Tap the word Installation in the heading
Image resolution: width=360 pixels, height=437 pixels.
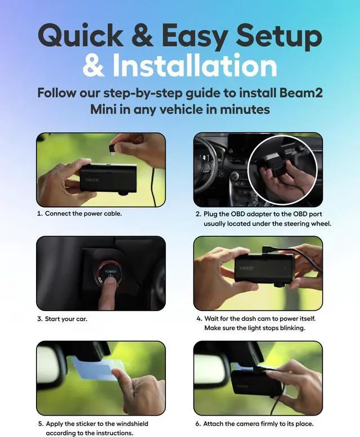(194, 66)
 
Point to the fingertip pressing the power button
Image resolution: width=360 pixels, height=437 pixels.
(111, 284)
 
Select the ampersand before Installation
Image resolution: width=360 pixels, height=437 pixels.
(93, 66)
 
